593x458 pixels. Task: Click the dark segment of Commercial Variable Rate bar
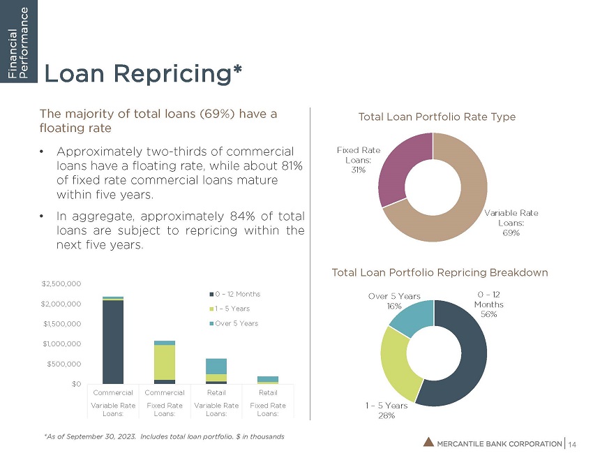113,342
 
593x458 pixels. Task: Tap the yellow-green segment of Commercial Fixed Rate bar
165,362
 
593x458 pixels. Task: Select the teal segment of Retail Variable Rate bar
216,366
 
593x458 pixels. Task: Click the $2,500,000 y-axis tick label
62,283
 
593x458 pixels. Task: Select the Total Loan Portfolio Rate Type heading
437,117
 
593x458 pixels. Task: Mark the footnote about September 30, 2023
164,436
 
